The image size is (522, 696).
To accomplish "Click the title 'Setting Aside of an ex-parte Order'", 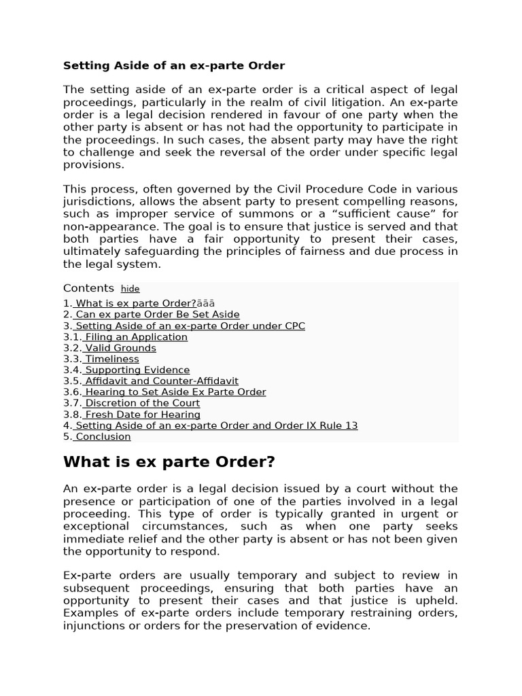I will [x=174, y=66].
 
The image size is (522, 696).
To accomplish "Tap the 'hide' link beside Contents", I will [x=130, y=289].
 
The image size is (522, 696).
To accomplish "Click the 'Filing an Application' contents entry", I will [x=136, y=337].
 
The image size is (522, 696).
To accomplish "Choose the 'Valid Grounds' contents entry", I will [x=120, y=348].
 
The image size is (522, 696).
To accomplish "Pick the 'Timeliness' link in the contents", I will [x=111, y=359].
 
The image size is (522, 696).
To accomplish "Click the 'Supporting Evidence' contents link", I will [x=137, y=370].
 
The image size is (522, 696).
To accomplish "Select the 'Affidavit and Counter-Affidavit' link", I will [x=161, y=381].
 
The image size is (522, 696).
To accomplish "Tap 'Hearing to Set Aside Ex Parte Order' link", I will [x=175, y=392].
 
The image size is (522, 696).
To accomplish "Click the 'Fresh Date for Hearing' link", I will [x=142, y=415].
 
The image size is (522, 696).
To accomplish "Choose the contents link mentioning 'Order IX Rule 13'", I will [x=215, y=425].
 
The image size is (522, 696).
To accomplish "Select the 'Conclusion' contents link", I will [x=103, y=437].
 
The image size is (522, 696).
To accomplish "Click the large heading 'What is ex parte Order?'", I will [x=169, y=462].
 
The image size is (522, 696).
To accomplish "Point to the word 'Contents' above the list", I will [x=88, y=288].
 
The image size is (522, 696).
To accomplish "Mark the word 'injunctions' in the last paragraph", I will [x=93, y=626].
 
